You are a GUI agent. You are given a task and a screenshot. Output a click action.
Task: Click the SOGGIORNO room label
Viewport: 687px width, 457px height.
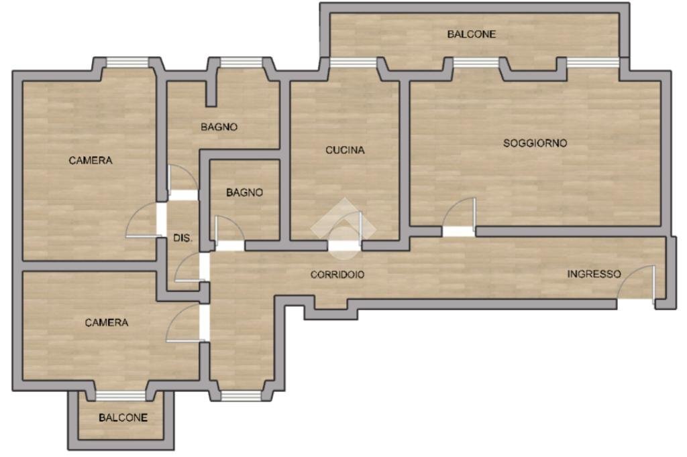tap(535, 143)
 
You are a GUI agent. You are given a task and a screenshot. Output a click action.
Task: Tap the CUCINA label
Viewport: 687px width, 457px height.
tap(345, 150)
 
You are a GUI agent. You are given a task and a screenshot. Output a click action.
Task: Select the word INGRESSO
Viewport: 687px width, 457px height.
tap(594, 273)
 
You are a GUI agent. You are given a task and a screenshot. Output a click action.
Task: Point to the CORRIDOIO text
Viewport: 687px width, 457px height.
tap(337, 274)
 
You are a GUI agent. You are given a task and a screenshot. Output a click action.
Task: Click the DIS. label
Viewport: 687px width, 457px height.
tap(183, 238)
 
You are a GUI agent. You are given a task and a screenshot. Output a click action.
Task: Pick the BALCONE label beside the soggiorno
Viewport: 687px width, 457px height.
tap(472, 34)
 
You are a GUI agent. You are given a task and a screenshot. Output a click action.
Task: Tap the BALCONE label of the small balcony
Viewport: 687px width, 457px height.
tap(123, 417)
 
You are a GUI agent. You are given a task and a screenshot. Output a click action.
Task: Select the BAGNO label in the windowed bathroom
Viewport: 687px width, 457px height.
tap(219, 127)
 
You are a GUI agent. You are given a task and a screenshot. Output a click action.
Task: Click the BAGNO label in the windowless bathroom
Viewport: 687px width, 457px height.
tap(244, 192)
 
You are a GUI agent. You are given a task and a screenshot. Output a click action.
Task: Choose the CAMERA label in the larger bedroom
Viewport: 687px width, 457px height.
tap(91, 160)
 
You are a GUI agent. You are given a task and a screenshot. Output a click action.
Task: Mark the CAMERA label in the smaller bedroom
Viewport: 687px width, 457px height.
tap(106, 322)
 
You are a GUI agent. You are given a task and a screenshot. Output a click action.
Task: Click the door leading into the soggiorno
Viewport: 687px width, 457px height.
tap(460, 217)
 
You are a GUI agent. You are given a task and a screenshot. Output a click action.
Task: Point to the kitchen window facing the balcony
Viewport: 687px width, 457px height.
tap(352, 62)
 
